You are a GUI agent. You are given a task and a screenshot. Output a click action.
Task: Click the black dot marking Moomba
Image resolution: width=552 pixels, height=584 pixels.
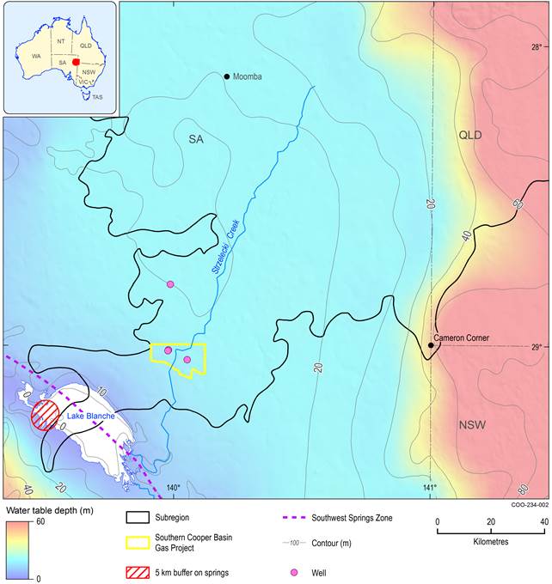227,76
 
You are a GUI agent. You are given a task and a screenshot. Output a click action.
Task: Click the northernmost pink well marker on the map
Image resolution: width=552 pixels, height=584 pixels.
170,284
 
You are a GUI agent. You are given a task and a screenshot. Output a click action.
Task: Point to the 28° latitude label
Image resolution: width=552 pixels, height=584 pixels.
536,47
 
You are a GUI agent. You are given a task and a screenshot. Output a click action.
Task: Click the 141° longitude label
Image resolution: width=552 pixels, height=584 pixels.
430,489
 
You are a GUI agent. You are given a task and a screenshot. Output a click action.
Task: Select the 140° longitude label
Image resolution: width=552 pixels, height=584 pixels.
172,489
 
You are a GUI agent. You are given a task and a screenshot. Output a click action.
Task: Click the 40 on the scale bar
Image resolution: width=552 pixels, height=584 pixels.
543,521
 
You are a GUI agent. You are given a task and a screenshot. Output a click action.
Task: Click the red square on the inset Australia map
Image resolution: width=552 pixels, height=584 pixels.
77,63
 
